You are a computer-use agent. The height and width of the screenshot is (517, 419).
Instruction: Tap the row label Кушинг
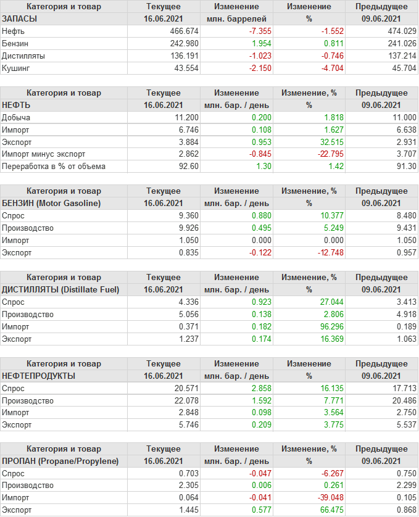pyautogui.click(x=16, y=68)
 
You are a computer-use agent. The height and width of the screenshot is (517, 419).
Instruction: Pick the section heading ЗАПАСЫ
pyautogui.click(x=20, y=19)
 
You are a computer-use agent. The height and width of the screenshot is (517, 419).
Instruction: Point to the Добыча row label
pyautogui.click(x=17, y=117)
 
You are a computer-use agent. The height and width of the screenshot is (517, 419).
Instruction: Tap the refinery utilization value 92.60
pyautogui.click(x=187, y=167)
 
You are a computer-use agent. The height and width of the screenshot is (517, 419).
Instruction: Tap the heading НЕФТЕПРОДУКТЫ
pyautogui.click(x=39, y=376)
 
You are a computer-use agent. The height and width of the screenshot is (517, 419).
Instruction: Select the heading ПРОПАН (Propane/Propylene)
pyautogui.click(x=60, y=461)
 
